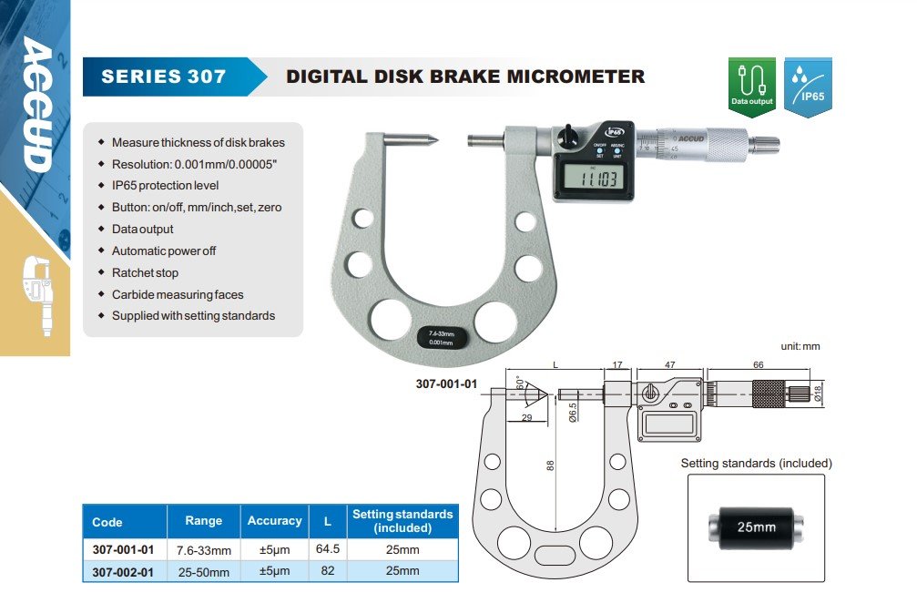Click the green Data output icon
click(x=751, y=86)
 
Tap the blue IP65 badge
click(x=808, y=86)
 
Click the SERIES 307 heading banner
click(x=164, y=77)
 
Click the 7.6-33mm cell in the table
click(x=203, y=549)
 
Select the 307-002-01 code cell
click(x=124, y=571)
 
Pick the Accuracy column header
click(x=274, y=521)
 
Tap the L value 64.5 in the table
click(x=325, y=549)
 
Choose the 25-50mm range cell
click(x=203, y=571)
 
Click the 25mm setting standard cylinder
click(x=755, y=527)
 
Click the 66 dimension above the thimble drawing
click(x=758, y=365)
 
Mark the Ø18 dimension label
click(x=817, y=393)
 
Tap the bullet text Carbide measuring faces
click(x=177, y=294)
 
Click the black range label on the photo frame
click(x=442, y=337)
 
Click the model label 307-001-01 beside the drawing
click(x=446, y=383)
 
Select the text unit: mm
click(x=800, y=347)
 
